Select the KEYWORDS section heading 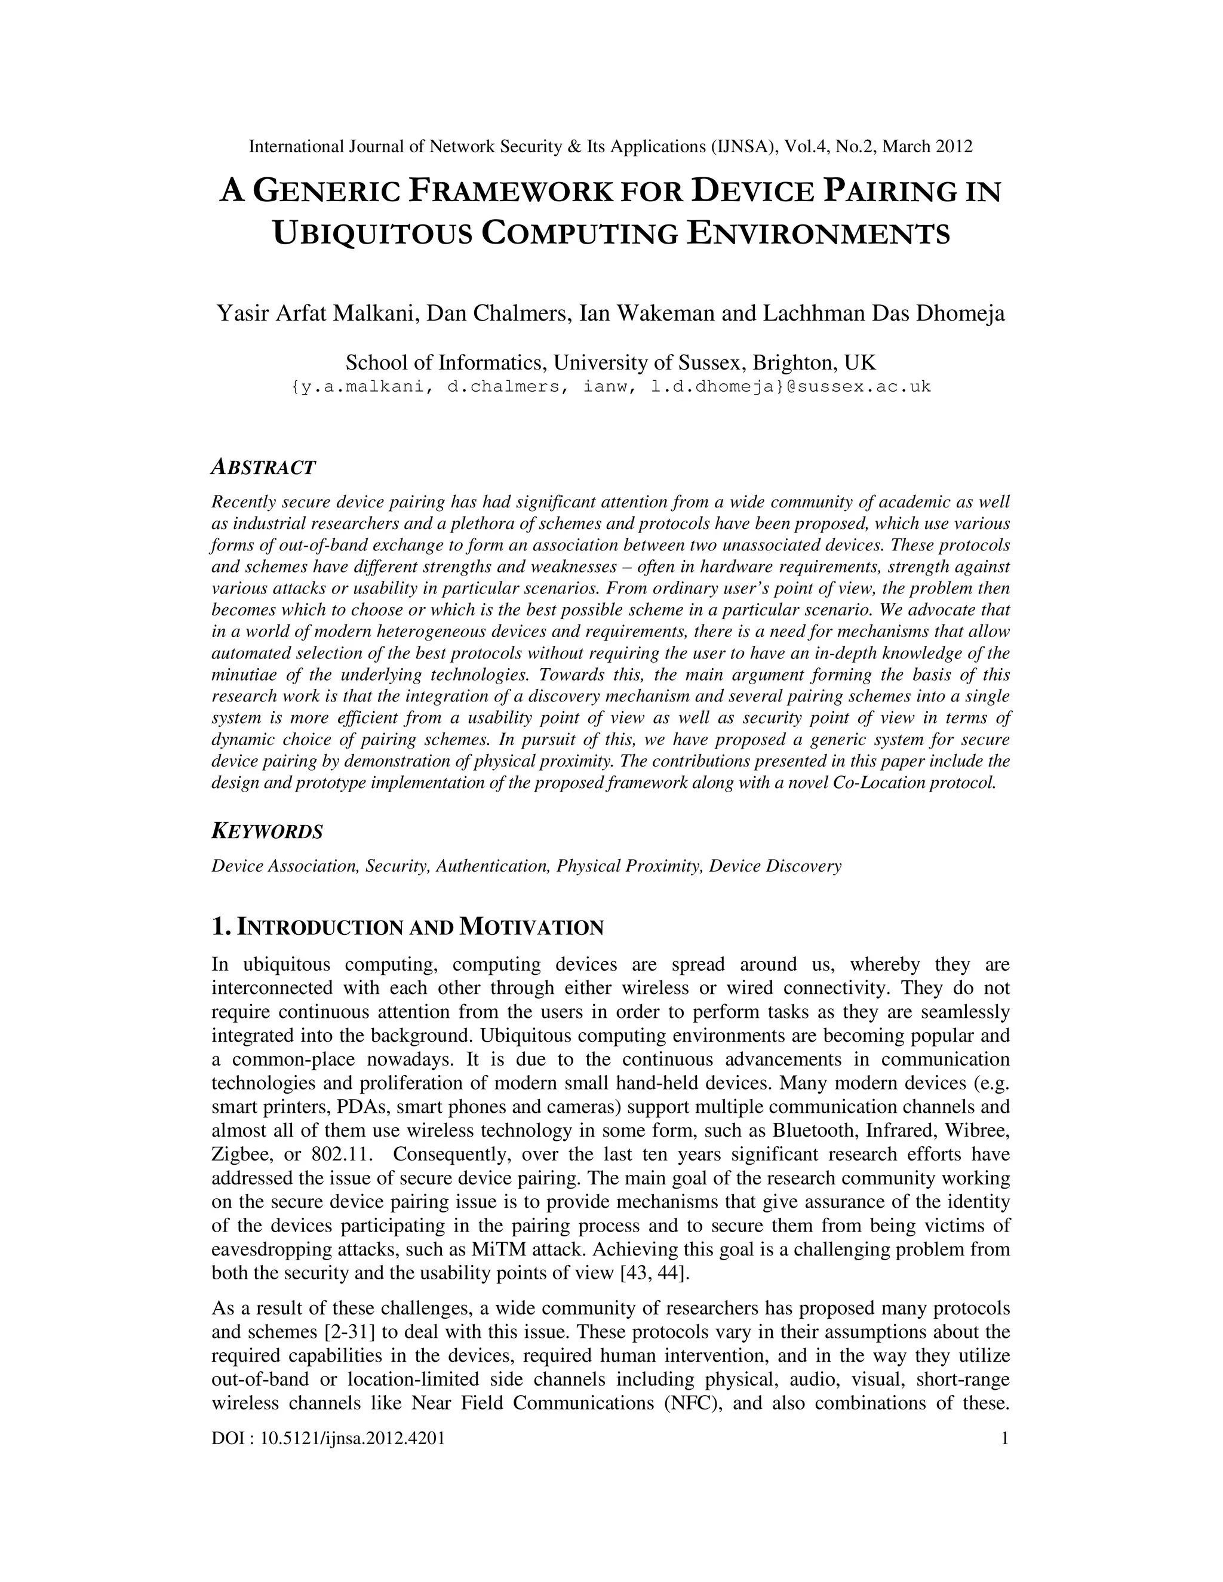pos(266,832)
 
